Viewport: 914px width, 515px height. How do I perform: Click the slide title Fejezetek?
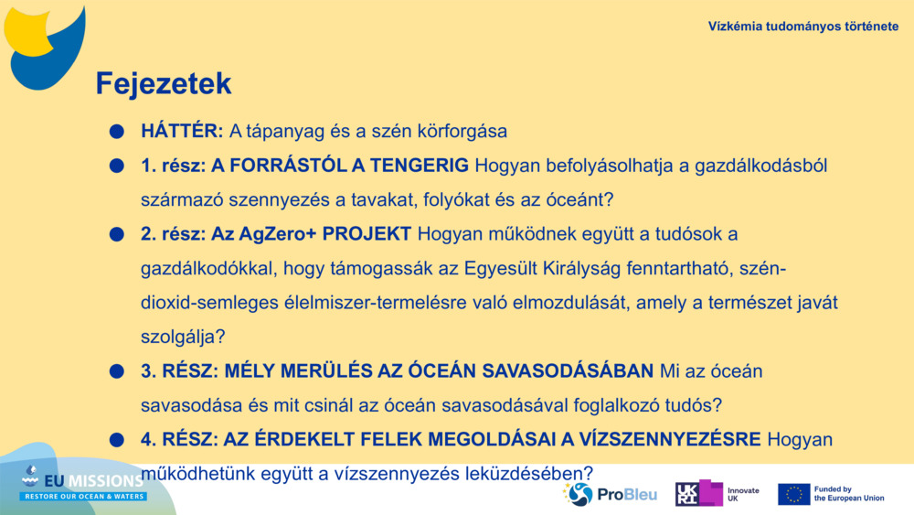164,84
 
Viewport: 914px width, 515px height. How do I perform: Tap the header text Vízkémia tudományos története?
802,26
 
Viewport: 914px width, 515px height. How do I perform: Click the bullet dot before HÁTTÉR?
116,132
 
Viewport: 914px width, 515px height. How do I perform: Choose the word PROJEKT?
367,233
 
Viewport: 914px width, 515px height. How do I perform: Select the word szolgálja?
183,337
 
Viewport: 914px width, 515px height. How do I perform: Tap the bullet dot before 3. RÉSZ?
116,372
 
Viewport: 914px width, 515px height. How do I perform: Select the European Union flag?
793,494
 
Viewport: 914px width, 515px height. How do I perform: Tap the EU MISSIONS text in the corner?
91,479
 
